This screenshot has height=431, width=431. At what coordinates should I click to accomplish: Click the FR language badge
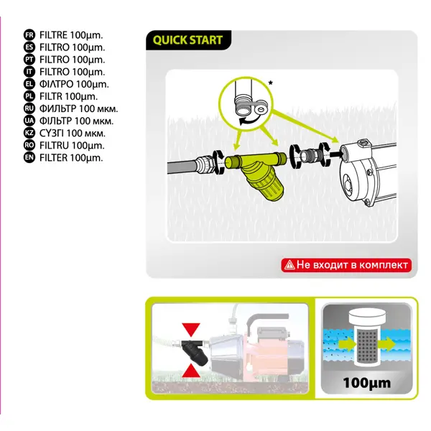pyautogui.click(x=29, y=35)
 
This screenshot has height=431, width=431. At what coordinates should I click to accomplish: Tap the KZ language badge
pyautogui.click(x=29, y=133)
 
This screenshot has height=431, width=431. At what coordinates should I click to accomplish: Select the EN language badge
pyautogui.click(x=29, y=157)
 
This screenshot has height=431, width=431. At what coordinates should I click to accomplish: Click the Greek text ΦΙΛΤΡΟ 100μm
pyautogui.click(x=74, y=84)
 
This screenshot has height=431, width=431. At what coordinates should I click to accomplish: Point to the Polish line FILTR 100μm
pyautogui.click(x=69, y=96)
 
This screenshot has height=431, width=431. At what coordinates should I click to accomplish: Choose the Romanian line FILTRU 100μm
pyautogui.click(x=72, y=145)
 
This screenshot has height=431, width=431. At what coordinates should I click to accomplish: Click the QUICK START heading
pyautogui.click(x=187, y=40)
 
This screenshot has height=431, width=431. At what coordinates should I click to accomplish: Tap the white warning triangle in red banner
pyautogui.click(x=289, y=265)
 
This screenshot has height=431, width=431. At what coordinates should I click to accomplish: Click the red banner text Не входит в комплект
pyautogui.click(x=352, y=264)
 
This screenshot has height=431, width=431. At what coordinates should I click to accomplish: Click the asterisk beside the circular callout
pyautogui.click(x=271, y=83)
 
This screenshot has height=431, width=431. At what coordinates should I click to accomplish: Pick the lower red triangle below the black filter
pyautogui.click(x=191, y=371)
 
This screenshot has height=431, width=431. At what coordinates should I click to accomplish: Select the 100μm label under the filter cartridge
pyautogui.click(x=366, y=383)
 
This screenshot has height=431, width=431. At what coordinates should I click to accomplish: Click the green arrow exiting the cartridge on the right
pyautogui.click(x=386, y=344)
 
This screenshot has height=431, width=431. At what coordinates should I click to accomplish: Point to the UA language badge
pyautogui.click(x=29, y=121)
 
